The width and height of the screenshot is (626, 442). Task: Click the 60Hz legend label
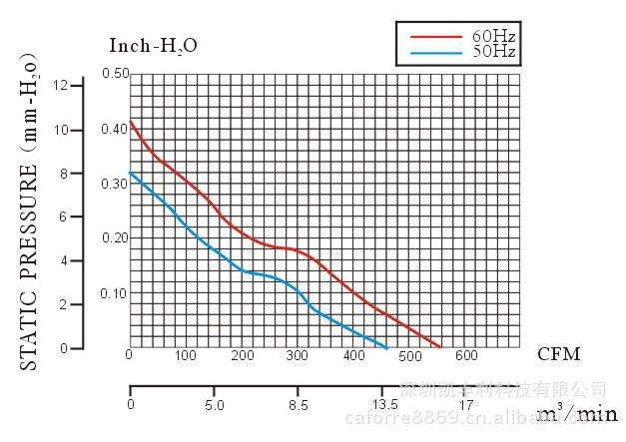point(493,36)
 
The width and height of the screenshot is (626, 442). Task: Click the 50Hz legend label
point(493,51)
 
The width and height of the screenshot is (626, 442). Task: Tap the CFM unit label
point(558,354)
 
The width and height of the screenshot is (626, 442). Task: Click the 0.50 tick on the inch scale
point(115,74)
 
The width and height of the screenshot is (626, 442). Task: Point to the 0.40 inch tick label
point(115,130)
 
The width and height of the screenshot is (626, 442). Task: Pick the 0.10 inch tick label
point(115,293)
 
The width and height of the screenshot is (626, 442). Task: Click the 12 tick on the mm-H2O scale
point(61,85)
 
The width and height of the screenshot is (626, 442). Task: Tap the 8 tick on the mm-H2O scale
point(65,173)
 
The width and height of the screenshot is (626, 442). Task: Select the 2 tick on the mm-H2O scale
point(65,304)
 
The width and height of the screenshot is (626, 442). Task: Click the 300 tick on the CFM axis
point(298,355)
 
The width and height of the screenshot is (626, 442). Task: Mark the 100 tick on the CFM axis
point(186,355)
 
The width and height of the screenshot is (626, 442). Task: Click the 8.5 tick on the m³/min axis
point(298,405)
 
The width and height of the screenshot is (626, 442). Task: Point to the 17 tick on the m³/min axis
point(466,405)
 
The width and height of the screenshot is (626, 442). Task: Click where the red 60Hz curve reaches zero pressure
point(440,347)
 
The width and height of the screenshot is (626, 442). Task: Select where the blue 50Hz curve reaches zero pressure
point(386,347)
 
